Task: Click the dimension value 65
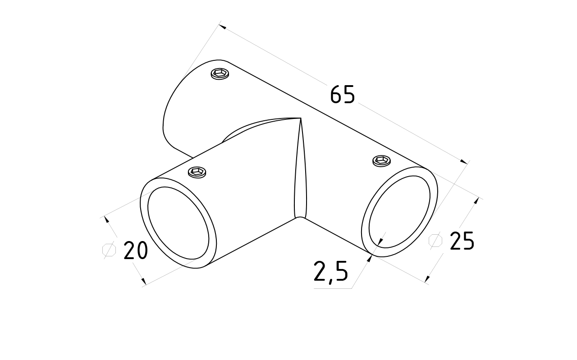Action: (343, 95)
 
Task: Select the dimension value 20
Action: (136, 251)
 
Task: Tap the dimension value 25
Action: (462, 241)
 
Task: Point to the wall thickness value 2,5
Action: (331, 272)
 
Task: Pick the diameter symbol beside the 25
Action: (435, 241)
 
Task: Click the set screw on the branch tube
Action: (197, 172)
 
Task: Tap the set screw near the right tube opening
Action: (382, 160)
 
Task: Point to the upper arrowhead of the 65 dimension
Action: (222, 27)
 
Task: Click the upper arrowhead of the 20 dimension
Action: (107, 220)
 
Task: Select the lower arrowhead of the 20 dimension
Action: (144, 282)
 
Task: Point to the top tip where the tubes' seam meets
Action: (301, 118)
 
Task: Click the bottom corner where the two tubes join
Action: (298, 218)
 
